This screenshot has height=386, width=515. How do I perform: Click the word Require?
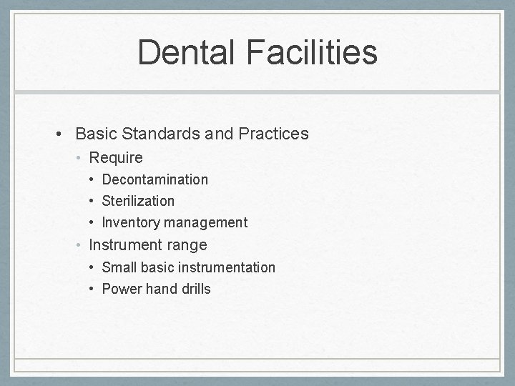pyautogui.click(x=115, y=157)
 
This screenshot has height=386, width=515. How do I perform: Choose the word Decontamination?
pyautogui.click(x=154, y=179)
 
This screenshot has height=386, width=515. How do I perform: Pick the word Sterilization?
pyautogui.click(x=138, y=201)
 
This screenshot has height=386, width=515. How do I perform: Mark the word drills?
pyautogui.click(x=194, y=289)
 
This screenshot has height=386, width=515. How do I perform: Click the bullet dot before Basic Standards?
pyautogui.click(x=62, y=134)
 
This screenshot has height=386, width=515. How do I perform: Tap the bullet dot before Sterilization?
pyautogui.click(x=93, y=202)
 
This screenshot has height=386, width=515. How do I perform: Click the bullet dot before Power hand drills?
pyautogui.click(x=93, y=289)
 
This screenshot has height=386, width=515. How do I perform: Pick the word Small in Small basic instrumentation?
pyautogui.click(x=119, y=267)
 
